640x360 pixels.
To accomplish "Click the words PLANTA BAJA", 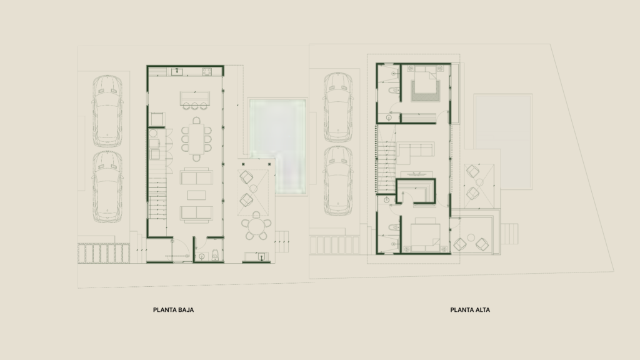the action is coord(174,310).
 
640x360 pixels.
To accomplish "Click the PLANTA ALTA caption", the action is coord(470,310).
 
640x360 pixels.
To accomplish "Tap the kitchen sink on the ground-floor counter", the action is coord(177,72).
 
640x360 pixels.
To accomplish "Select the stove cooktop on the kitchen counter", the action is coord(207,72).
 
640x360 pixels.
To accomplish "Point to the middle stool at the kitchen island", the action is coord(195,106).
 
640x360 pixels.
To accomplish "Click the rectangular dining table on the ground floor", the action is coord(196,139).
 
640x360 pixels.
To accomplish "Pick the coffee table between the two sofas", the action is coord(196,195).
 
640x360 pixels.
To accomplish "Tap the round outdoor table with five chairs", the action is coord(256,226).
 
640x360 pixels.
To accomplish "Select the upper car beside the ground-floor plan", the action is coord(107,111).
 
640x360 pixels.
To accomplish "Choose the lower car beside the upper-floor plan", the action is coord(338,180).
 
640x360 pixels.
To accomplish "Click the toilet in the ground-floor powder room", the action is coord(215,256).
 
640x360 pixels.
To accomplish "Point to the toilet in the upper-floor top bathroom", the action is coord(393,91).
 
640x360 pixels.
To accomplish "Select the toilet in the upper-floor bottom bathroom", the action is coord(394,228).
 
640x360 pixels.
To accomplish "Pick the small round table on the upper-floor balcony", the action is coord(471,237).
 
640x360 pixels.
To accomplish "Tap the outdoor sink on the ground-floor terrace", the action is coord(261,256).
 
